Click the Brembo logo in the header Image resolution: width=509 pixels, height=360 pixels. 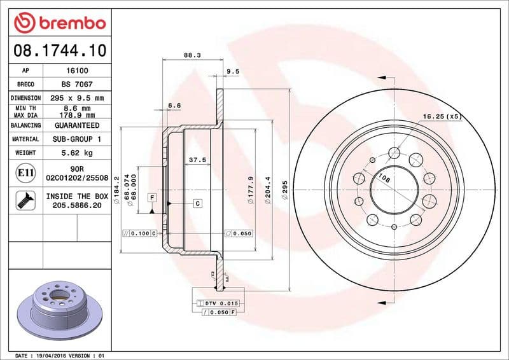click(59, 23)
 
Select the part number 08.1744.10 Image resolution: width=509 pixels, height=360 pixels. click(59, 49)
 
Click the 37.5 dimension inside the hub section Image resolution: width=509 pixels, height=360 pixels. click(197, 160)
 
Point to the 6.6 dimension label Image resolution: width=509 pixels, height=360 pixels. click(174, 105)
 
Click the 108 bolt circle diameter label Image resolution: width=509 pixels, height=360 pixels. click(384, 179)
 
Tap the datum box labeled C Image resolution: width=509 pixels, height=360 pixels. click(197, 203)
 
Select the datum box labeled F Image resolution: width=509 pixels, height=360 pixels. click(152, 197)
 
